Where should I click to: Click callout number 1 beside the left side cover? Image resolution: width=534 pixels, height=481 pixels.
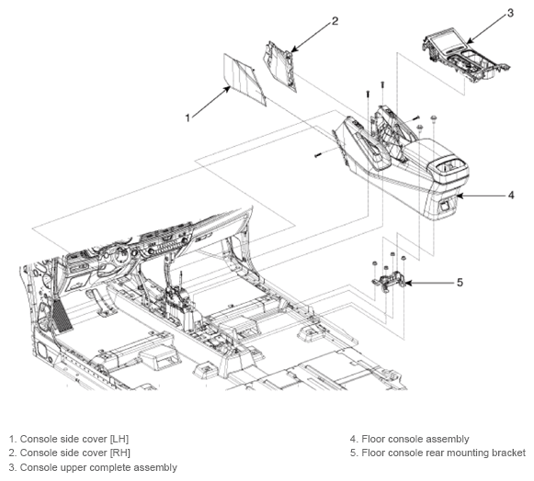[187, 117]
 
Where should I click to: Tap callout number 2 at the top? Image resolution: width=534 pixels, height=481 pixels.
[335, 21]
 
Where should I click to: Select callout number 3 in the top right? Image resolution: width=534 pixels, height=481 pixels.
[510, 13]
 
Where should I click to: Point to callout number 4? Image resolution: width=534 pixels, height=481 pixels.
[511, 196]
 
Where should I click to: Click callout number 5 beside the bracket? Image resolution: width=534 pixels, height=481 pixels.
[460, 283]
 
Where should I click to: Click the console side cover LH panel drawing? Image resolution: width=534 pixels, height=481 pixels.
[244, 80]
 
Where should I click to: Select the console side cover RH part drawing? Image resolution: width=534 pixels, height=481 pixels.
[280, 66]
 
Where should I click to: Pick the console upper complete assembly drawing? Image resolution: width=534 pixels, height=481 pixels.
[466, 56]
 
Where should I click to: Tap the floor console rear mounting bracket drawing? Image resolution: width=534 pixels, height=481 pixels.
[388, 280]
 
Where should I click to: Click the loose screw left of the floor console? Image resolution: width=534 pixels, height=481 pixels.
[318, 155]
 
